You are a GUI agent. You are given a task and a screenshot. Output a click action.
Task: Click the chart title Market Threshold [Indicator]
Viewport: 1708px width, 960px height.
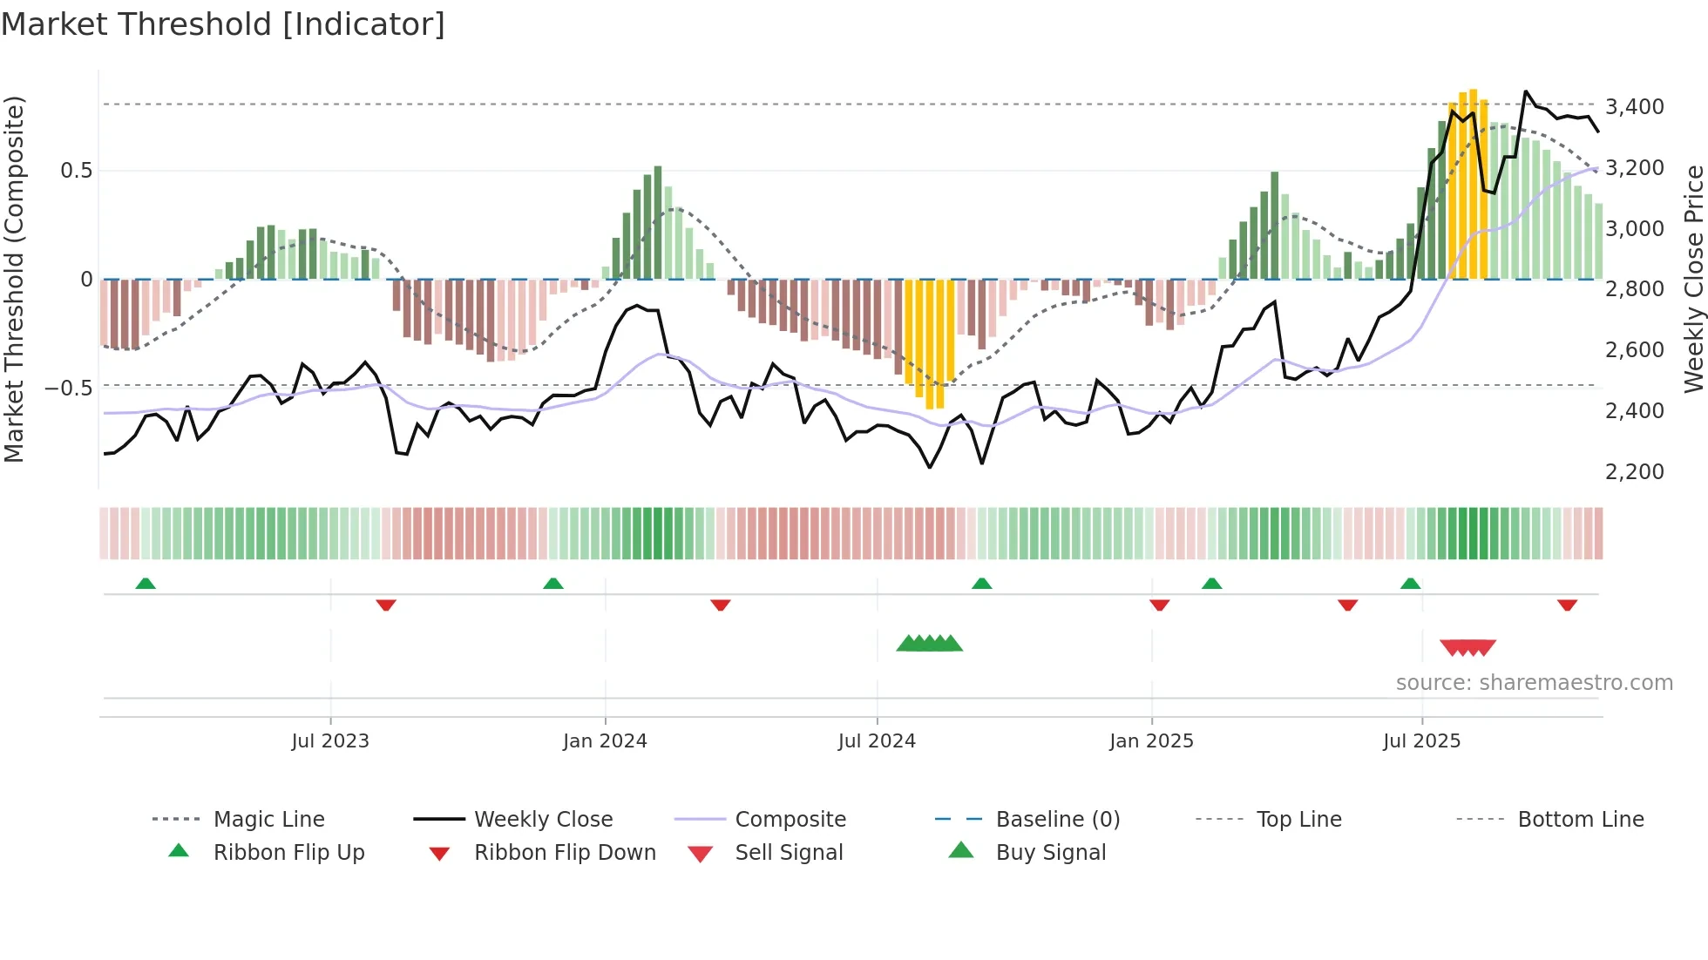223,24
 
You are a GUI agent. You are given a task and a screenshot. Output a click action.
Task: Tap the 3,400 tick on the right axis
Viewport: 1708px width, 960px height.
1634,106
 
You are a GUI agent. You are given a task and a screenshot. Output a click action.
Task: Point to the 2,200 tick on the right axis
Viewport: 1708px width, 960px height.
1634,471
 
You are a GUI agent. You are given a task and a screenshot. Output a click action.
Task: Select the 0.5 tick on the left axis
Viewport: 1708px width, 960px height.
77,170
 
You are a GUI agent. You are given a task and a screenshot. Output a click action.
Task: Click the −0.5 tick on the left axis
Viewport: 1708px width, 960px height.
70,387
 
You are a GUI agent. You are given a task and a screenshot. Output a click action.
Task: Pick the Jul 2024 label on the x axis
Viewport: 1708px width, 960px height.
877,740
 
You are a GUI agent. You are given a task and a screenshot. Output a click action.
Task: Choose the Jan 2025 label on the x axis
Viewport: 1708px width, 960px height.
1151,740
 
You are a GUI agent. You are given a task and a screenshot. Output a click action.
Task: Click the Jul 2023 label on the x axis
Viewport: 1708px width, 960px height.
330,740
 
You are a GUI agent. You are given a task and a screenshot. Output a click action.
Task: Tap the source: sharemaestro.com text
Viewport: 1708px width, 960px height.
1534,682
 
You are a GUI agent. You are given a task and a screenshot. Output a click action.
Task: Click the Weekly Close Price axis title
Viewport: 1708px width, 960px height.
1693,279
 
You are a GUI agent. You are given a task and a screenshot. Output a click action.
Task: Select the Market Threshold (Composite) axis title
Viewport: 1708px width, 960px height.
14,279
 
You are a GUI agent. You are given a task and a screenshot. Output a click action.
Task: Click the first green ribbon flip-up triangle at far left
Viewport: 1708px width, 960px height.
146,584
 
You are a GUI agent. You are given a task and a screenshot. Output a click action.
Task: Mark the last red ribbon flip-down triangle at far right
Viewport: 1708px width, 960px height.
1567,605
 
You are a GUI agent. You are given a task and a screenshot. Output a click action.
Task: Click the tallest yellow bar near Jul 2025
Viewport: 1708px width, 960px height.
1473,183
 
